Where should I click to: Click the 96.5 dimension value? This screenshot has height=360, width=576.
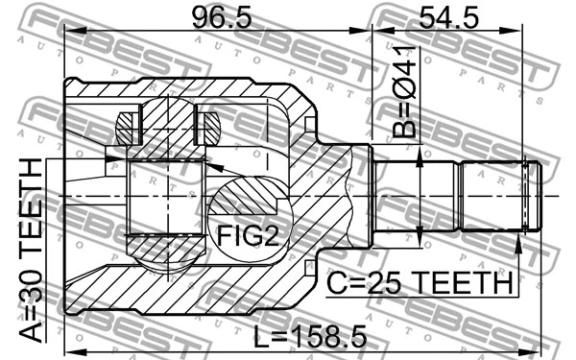pos(213,16)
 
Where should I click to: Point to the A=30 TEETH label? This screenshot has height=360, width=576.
pos(32,252)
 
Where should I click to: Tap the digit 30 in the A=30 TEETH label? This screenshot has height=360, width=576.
pos(32,295)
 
